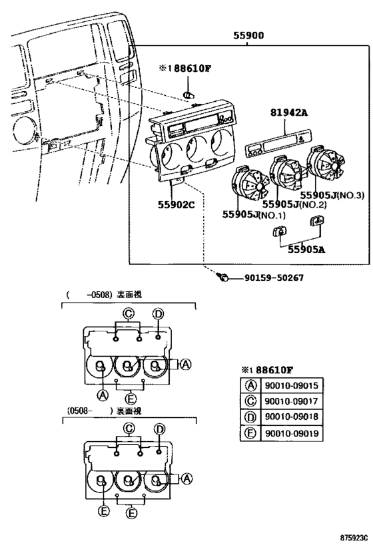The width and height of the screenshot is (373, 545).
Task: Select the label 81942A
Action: [x=290, y=113]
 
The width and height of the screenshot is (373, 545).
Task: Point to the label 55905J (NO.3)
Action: [x=331, y=195]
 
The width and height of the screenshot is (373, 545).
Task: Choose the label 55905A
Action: [x=306, y=250]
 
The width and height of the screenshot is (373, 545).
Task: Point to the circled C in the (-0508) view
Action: [x=129, y=313]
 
